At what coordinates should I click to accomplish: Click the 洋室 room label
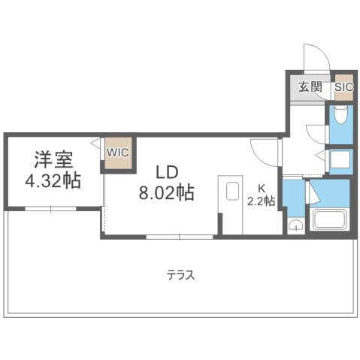coord(52,159)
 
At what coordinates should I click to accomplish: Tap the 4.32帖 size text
coord(52,181)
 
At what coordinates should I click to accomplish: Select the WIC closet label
coord(117,153)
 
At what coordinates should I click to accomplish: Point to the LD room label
coord(166,171)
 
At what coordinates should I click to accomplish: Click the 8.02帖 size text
coord(166,193)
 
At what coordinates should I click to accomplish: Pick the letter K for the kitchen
coord(262,188)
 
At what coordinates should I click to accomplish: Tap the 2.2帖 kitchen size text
coord(261,201)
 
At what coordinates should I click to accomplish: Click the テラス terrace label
coord(180,275)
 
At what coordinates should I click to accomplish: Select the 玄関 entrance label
coord(310,86)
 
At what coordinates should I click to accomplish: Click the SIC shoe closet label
coord(343,86)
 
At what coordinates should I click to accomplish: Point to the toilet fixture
coord(340,116)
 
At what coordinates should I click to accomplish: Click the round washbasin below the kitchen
coord(295,225)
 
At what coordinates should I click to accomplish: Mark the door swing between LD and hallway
coord(263,153)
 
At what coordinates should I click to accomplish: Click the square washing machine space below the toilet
coord(340,159)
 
